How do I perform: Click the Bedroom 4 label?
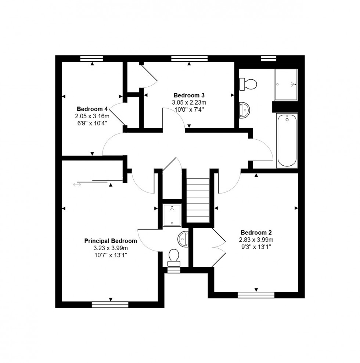(x=92, y=109)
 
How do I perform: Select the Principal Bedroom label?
(x=111, y=241)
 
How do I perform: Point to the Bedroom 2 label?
(x=256, y=233)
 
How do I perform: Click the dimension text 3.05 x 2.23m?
(x=189, y=103)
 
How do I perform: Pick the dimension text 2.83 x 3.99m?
(x=256, y=240)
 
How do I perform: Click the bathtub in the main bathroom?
(x=287, y=140)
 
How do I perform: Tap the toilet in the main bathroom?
(x=247, y=84)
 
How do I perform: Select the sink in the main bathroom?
(x=244, y=110)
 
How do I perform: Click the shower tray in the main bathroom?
(x=286, y=85)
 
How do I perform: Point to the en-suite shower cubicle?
(x=172, y=215)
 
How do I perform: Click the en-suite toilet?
(x=173, y=257)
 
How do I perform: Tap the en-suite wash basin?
(x=183, y=240)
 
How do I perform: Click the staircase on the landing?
(x=198, y=200)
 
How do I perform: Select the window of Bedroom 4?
(x=91, y=58)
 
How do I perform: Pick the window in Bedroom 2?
(x=256, y=295)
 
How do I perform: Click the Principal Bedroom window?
(x=110, y=304)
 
